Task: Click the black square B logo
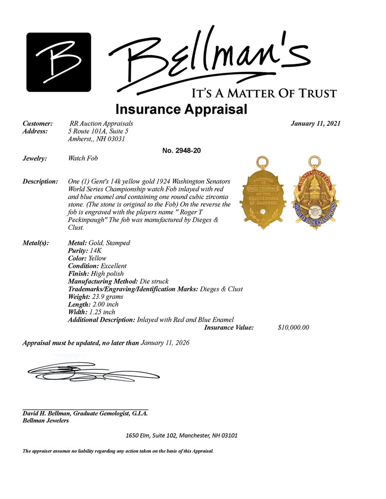pyautogui.click(x=58, y=62)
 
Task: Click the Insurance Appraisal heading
pyautogui.click(x=181, y=109)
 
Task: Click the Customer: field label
pyautogui.click(x=38, y=123)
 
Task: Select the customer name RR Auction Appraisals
pyautogui.click(x=101, y=123)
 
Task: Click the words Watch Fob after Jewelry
pyautogui.click(x=83, y=159)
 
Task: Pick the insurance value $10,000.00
pyautogui.click(x=294, y=327)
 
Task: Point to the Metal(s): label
pyautogui.click(x=36, y=243)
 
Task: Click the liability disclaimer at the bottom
pyautogui.click(x=118, y=452)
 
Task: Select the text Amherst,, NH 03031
pyautogui.click(x=96, y=139)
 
